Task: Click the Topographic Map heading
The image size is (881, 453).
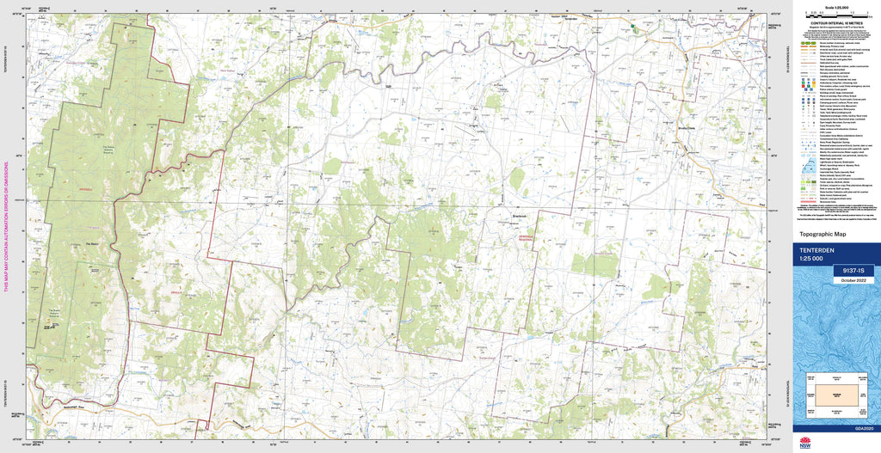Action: point(822,235)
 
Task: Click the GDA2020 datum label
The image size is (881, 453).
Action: point(863,428)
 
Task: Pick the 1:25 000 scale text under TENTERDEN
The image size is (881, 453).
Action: point(811,259)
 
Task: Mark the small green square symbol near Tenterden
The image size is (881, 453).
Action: point(634,28)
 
